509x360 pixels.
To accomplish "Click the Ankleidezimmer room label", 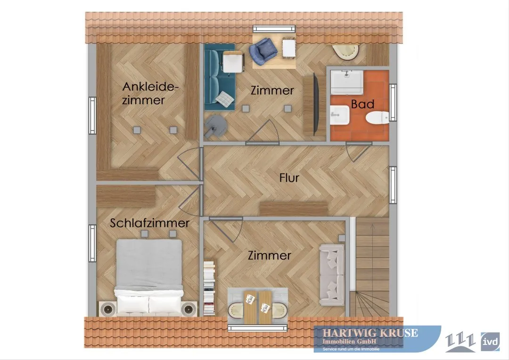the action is (150, 93).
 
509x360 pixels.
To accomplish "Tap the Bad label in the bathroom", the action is (362, 104).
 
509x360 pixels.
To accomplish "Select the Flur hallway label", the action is (289, 178).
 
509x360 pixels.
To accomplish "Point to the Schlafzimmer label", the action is (150, 223).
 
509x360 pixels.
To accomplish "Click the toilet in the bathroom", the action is (377, 117).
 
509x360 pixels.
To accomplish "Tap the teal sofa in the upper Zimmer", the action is (220, 77).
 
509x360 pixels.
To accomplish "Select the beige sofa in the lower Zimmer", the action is (332, 275).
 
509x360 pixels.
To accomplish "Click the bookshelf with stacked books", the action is (209, 287).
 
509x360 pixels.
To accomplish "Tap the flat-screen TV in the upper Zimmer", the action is (315, 104).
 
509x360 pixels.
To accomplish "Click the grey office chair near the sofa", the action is (215, 127).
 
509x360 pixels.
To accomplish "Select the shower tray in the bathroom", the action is (347, 82).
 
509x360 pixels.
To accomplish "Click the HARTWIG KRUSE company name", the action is (370, 333).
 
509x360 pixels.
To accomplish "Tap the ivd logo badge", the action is (490, 342).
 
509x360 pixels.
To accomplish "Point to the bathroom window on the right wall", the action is (393, 102).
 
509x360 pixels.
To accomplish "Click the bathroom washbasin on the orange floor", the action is (339, 115).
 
